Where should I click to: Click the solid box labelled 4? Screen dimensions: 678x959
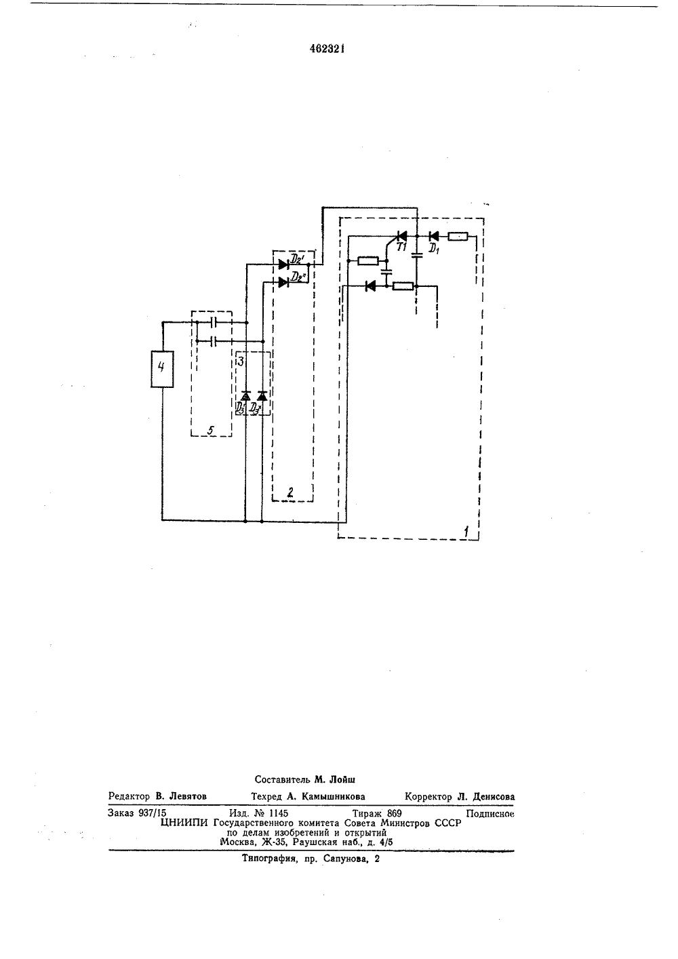coord(162,369)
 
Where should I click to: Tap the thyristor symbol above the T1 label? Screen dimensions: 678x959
coord(401,236)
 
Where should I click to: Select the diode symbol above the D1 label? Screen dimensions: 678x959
coord(434,236)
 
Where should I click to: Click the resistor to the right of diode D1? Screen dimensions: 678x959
coord(458,236)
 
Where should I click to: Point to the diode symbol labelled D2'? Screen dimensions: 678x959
coord(283,265)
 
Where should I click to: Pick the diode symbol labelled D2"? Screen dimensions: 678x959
coord(283,282)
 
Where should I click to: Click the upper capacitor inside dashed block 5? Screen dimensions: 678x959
coord(215,322)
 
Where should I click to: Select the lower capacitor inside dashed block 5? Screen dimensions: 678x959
coord(215,341)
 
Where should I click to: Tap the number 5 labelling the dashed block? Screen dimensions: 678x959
coord(211,430)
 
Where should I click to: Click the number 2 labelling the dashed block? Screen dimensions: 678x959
coord(291,492)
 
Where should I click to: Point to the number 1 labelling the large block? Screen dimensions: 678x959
coord(466,532)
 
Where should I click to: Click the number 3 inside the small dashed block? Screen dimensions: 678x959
coord(241,361)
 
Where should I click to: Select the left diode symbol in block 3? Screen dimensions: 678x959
coord(245,396)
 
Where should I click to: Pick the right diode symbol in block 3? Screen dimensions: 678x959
coord(262,396)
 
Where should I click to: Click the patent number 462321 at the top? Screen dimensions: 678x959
coord(327,50)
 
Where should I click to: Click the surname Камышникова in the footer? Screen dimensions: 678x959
coord(333,796)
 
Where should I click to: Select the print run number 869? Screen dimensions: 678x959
coord(394,813)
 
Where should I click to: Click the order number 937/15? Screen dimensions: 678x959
coord(153,813)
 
